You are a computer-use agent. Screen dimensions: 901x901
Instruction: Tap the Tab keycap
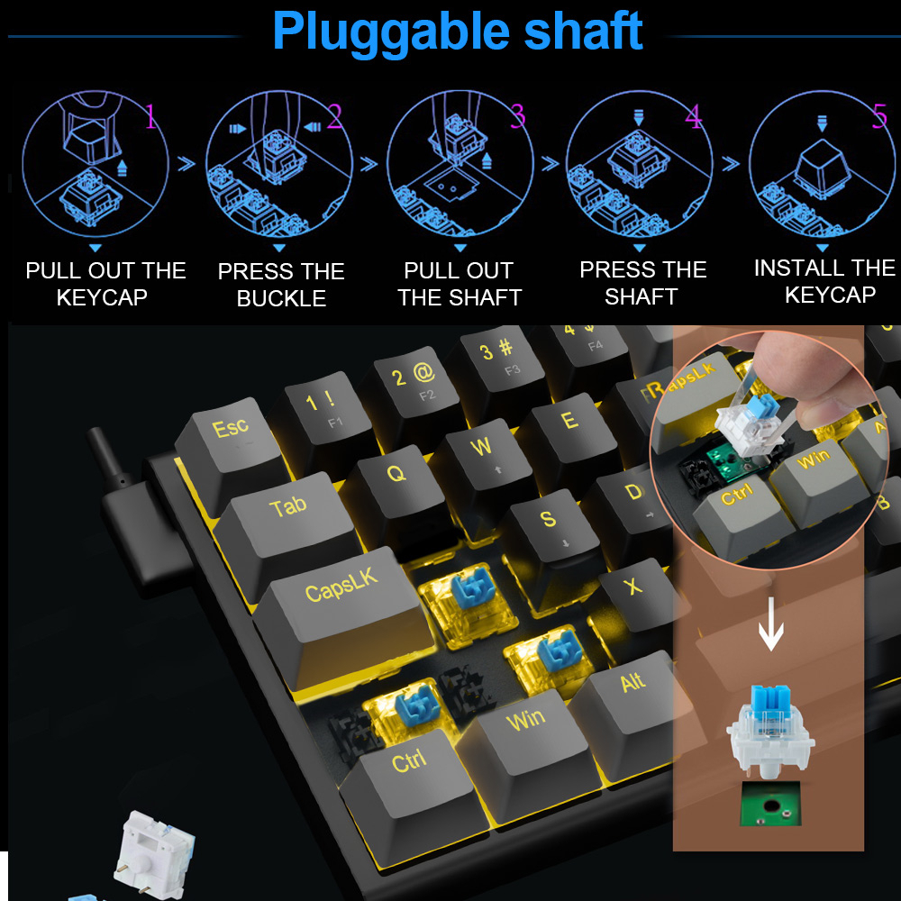(x=287, y=514)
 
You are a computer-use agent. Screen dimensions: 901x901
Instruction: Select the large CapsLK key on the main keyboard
(x=342, y=599)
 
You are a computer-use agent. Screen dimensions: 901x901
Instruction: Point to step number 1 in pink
(x=150, y=118)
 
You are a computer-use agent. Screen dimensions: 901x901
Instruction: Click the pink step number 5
(x=879, y=118)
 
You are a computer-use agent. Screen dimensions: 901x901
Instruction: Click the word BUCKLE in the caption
(x=281, y=299)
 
